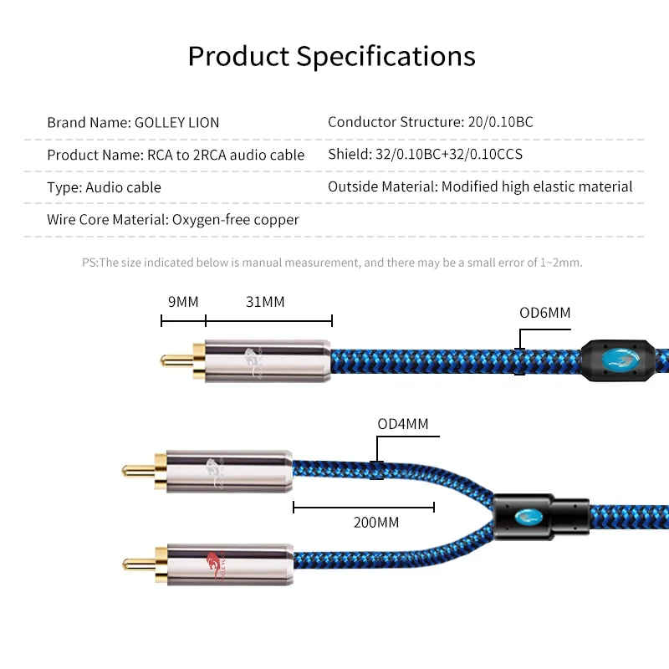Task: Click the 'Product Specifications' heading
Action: tap(332, 56)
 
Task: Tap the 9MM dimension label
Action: tap(183, 302)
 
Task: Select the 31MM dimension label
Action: tap(265, 302)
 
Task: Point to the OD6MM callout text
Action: tap(544, 314)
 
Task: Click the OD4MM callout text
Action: tap(402, 424)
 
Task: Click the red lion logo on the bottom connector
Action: tap(216, 565)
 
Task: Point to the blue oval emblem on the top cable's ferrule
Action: tap(617, 360)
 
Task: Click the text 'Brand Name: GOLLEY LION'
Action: tap(133, 122)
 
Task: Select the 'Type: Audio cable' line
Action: tap(104, 187)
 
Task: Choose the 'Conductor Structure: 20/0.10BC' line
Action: tap(430, 122)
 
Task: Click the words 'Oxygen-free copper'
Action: tap(235, 220)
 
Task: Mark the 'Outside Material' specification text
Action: tap(480, 187)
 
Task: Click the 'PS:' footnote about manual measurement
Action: tap(332, 263)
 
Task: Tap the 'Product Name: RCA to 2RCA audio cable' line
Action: tap(176, 155)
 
